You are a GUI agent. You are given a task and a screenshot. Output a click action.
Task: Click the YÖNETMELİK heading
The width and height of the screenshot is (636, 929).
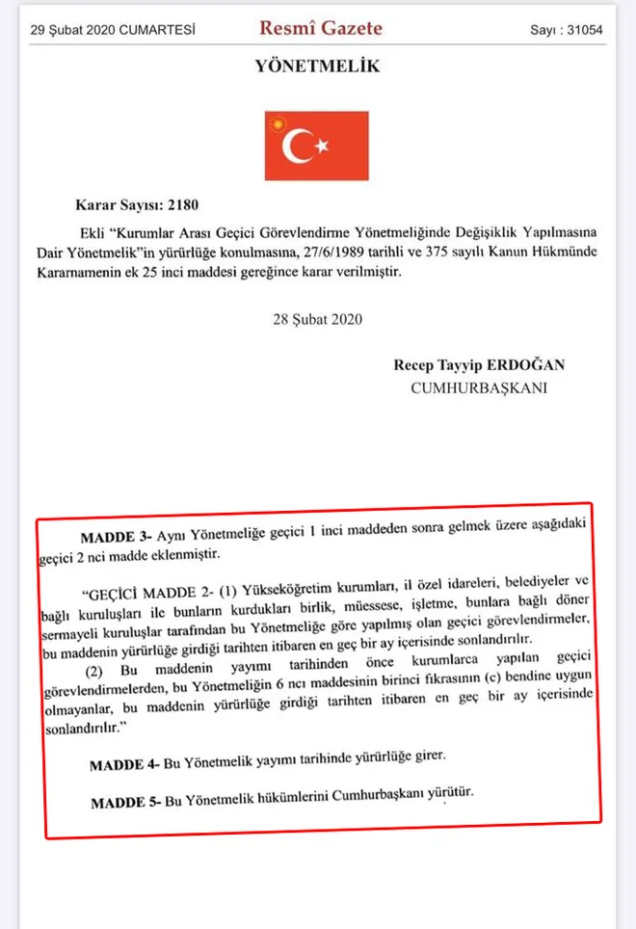click(317, 66)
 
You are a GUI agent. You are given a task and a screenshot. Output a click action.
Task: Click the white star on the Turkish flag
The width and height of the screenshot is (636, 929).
click(323, 146)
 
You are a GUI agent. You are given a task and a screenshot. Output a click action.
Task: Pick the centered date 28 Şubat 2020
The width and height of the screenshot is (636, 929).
click(317, 319)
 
